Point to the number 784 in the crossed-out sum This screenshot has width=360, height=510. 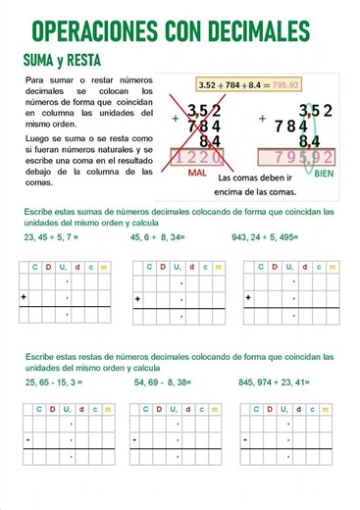203,127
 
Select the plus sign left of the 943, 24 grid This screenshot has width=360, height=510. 248,296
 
